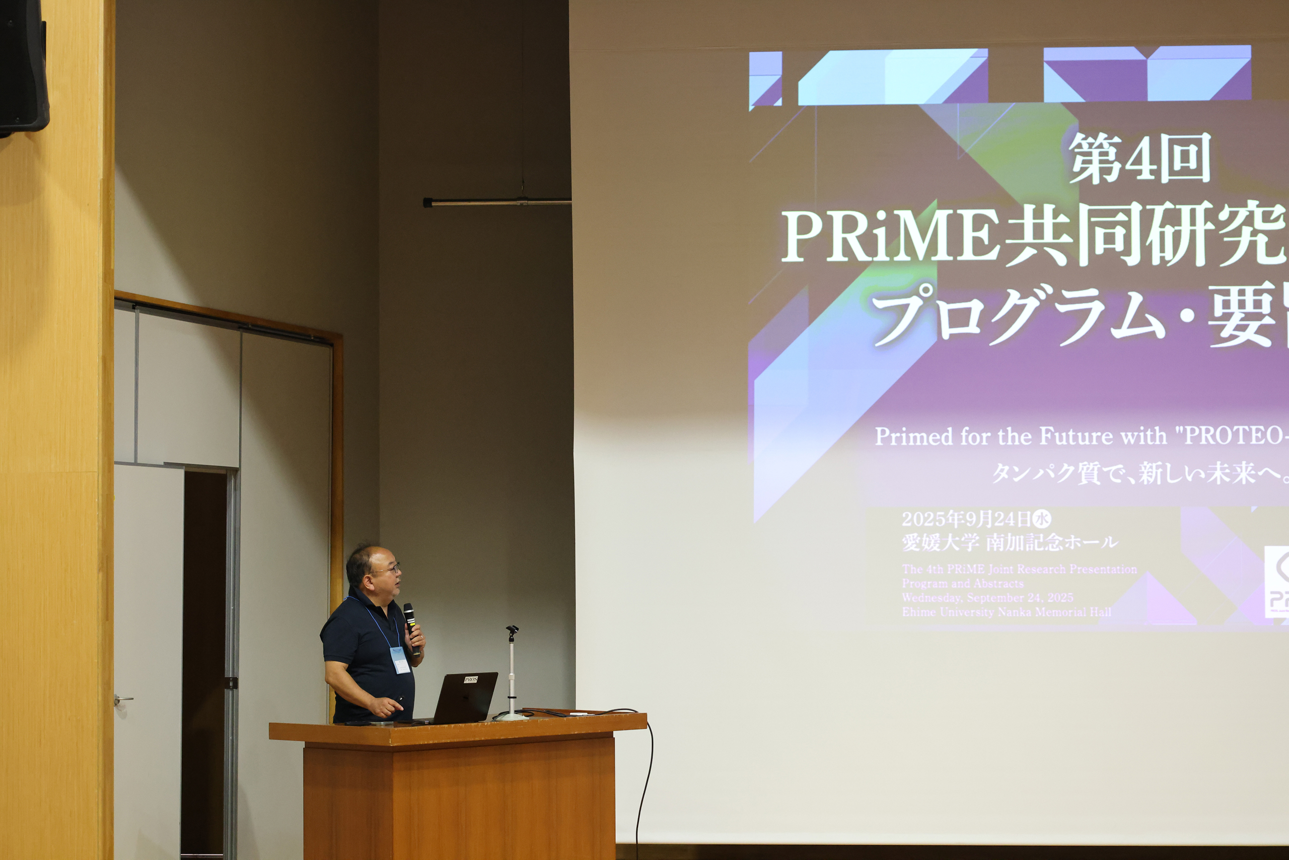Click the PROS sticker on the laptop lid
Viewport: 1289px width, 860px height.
[471, 680]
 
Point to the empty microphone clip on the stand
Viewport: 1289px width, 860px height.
[512, 631]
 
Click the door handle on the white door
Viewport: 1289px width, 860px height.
[123, 699]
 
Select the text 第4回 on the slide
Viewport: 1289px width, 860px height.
[1140, 159]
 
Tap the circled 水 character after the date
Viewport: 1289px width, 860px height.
[1042, 518]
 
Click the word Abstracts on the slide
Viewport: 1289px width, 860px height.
[1001, 583]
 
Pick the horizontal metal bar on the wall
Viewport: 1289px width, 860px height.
[496, 202]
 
